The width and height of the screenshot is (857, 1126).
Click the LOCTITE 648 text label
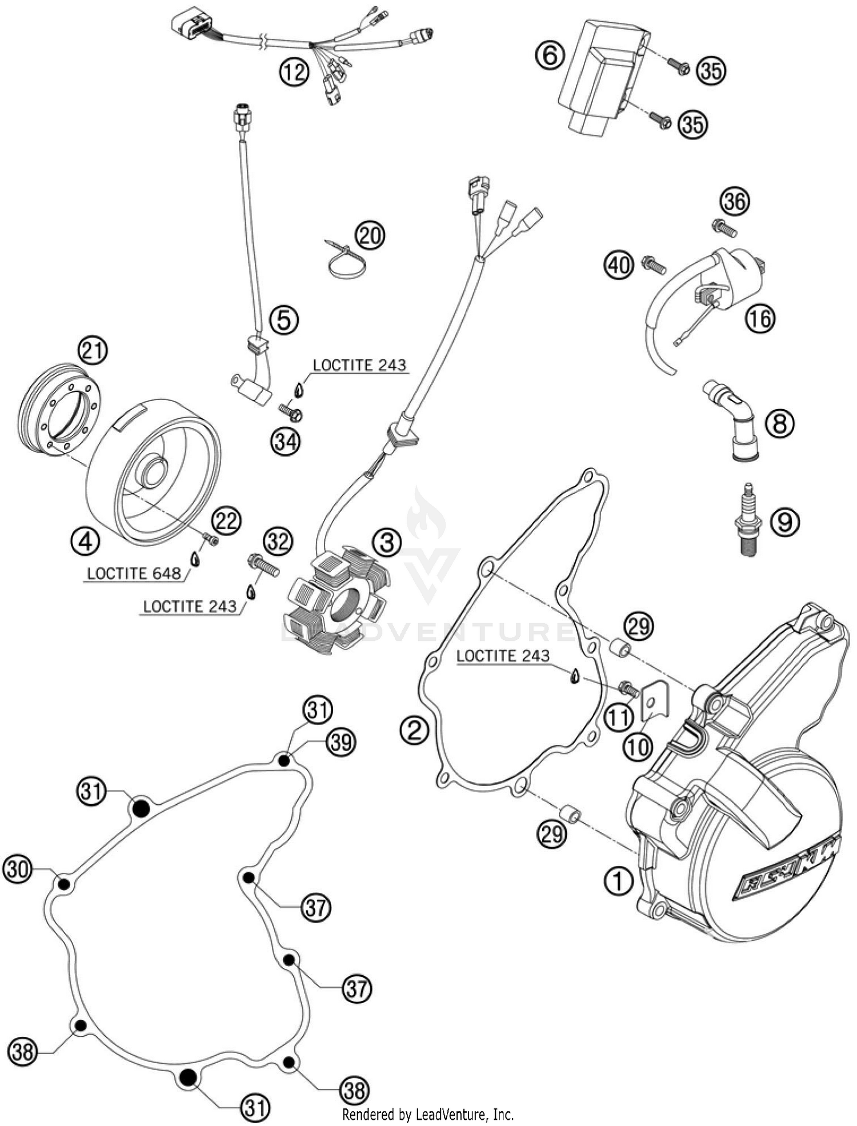134,573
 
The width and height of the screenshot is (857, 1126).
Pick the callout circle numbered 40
620,265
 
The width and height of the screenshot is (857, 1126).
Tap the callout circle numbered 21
93,351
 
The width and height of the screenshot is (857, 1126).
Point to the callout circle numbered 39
341,742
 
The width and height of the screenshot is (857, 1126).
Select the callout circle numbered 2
415,730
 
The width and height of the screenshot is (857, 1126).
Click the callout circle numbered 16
760,318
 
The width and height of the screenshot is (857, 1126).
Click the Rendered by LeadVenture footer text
428,1114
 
